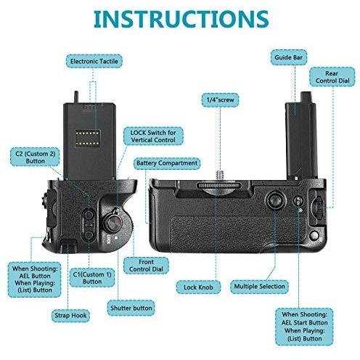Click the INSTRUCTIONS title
point(181,20)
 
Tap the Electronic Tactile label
point(94,61)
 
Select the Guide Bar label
point(289,57)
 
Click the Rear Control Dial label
point(332,77)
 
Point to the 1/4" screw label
point(220,99)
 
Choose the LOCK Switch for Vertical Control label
point(153,136)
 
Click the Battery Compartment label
point(167,163)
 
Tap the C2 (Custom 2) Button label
point(35,157)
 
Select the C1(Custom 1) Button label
point(92,278)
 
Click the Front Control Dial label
point(146,266)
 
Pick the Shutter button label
point(131,308)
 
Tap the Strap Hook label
point(70,316)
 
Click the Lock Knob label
point(198,287)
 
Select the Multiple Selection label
point(259,287)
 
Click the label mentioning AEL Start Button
point(304,327)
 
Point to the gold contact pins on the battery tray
point(88,138)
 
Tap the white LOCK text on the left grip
point(109,240)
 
